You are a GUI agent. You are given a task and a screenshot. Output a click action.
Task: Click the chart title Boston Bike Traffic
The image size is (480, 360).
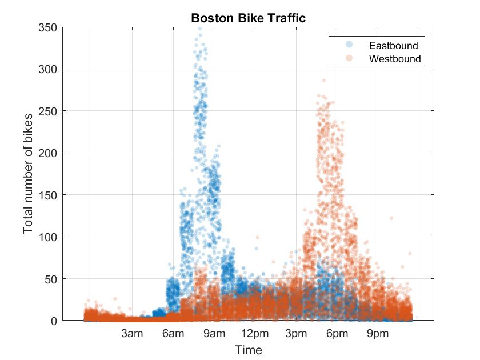pyautogui.click(x=248, y=18)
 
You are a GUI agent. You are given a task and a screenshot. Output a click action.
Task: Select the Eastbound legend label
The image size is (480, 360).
pyautogui.click(x=393, y=45)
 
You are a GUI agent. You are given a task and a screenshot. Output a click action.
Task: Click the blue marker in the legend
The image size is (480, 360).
pyautogui.click(x=350, y=45)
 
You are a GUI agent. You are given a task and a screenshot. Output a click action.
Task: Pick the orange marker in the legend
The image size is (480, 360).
pyautogui.click(x=350, y=58)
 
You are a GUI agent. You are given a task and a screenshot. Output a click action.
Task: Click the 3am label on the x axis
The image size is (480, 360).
pyautogui.click(x=132, y=334)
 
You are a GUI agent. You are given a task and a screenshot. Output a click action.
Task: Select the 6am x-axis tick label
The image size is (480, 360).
pyautogui.click(x=173, y=334)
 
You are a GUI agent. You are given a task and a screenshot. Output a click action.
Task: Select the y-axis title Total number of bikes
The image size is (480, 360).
pyautogui.click(x=28, y=174)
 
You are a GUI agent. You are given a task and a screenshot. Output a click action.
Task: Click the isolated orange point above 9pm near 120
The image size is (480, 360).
pyautogui.click(x=391, y=218)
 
